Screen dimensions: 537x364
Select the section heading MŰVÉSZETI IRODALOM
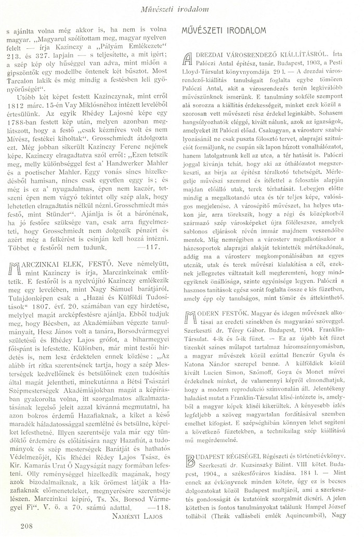point(224,31)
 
